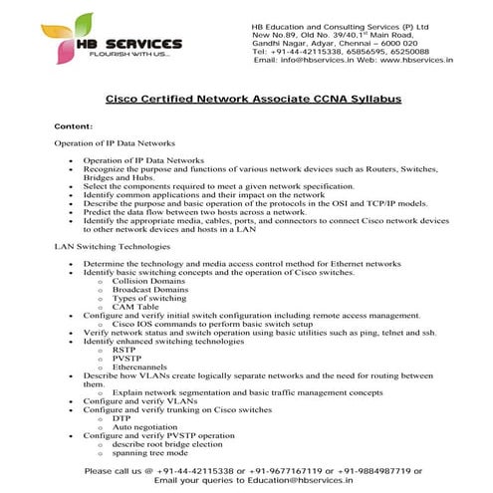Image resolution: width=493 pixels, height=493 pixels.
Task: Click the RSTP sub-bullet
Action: [124, 350]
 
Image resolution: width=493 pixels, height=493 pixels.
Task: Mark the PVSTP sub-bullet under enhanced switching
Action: [126, 358]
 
